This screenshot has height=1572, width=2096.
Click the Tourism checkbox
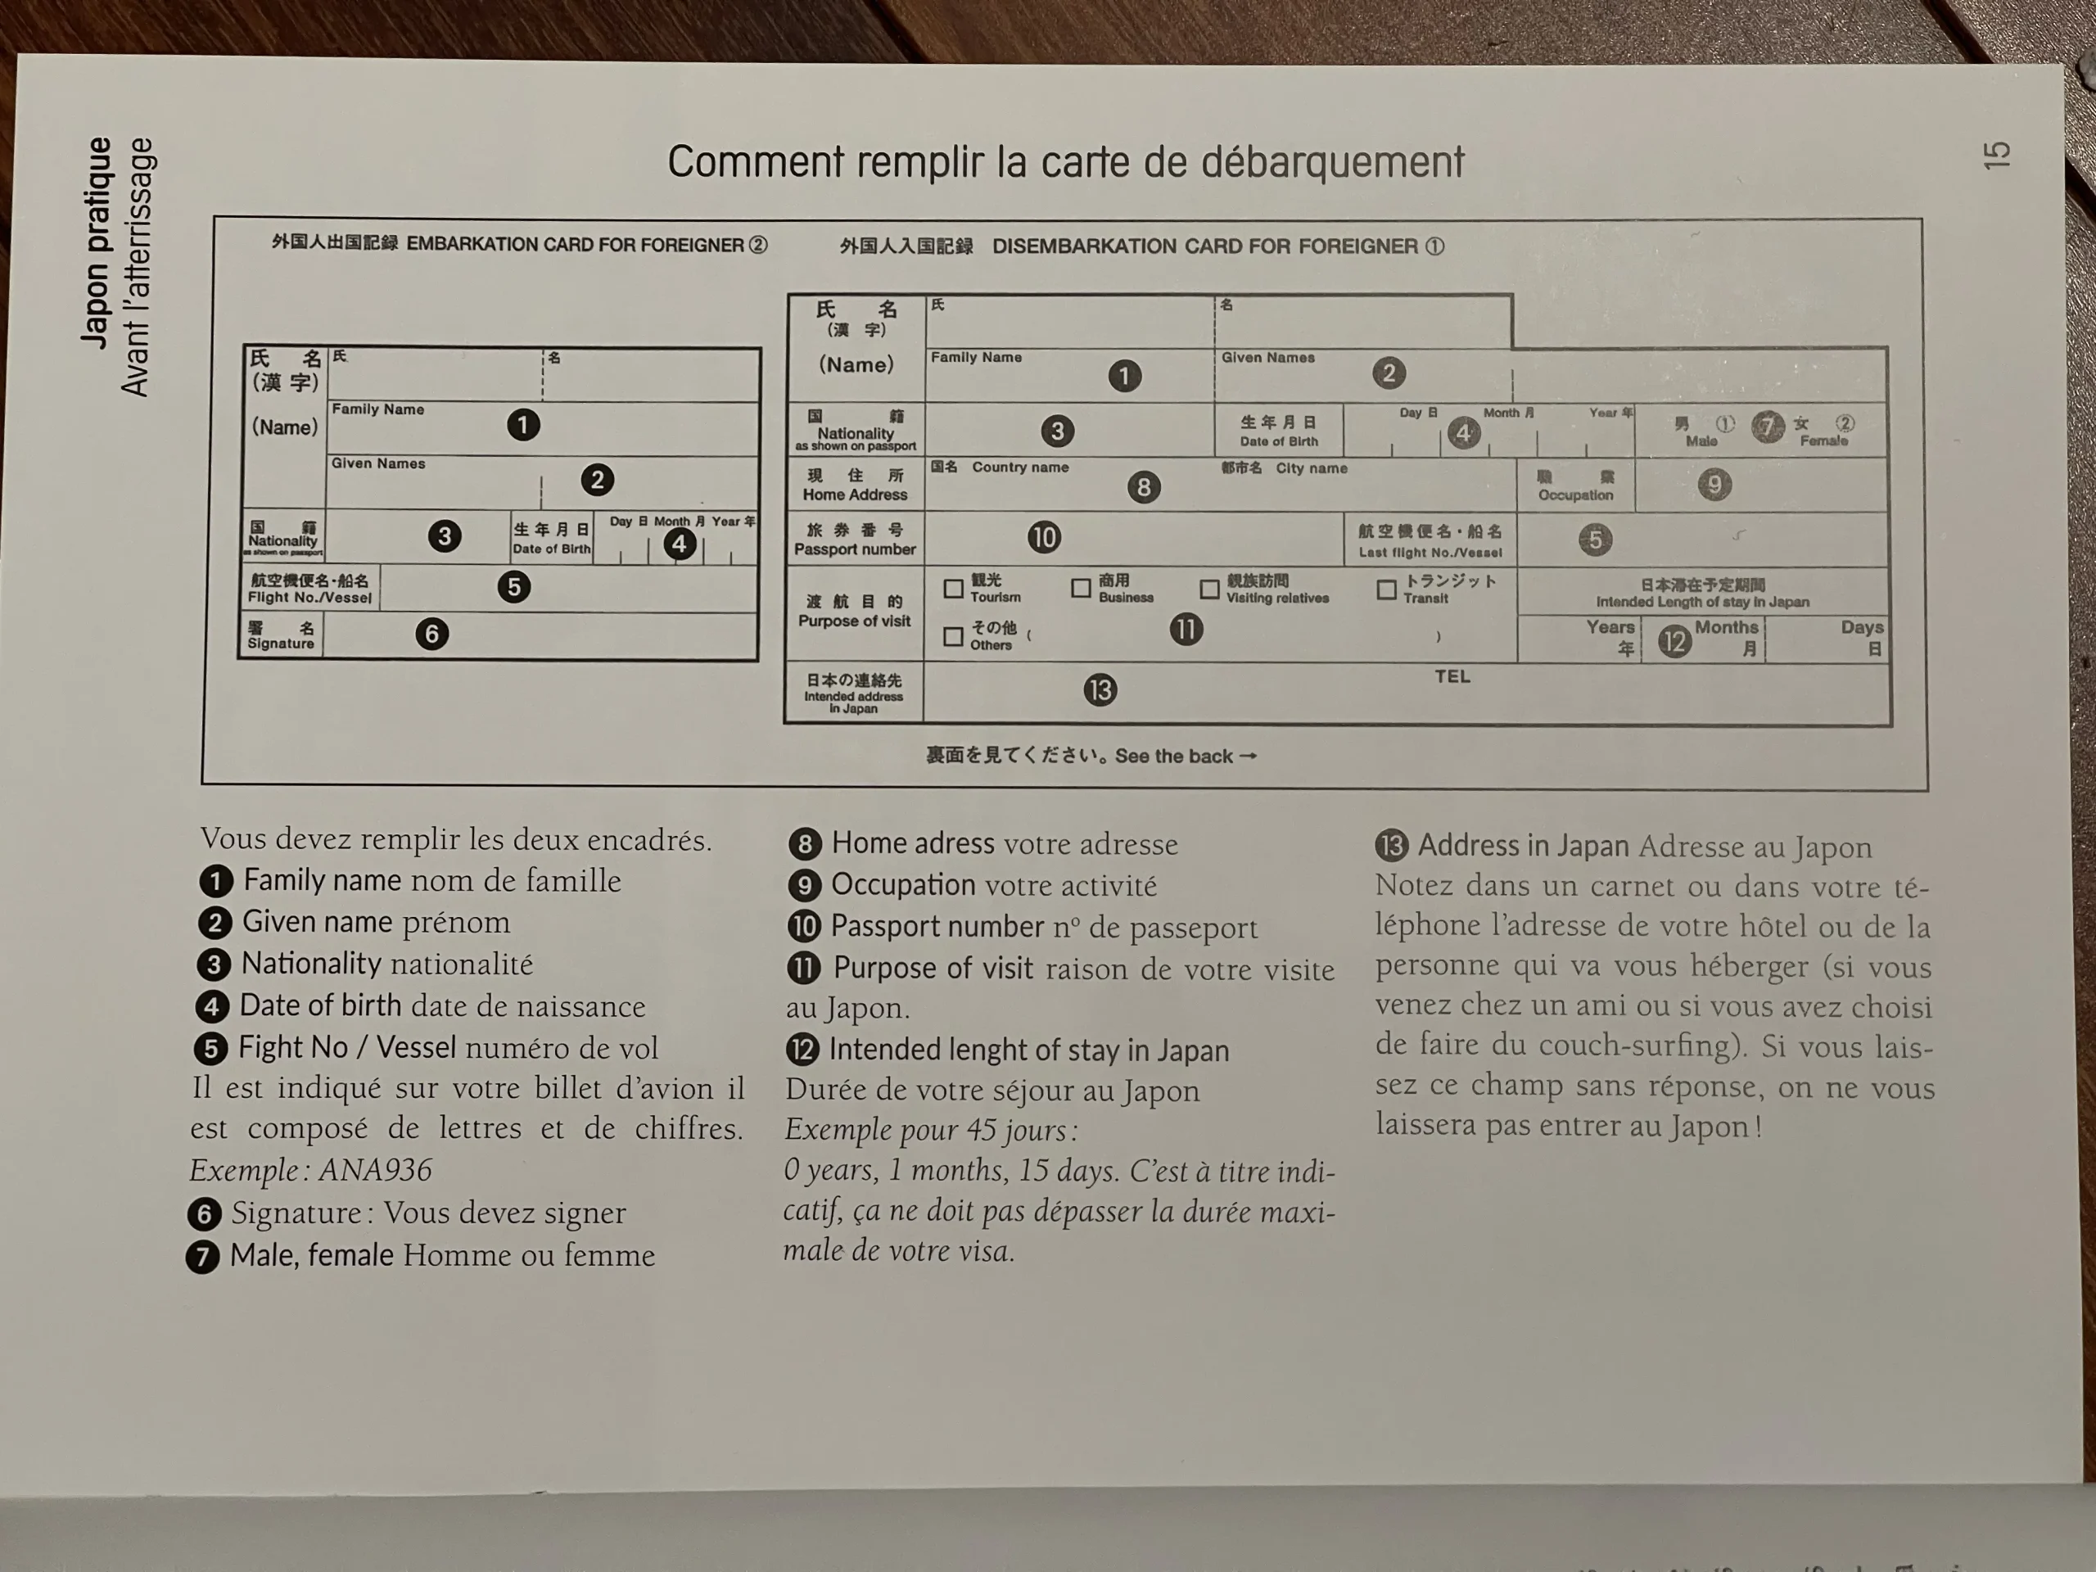point(953,589)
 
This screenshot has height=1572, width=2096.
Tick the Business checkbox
point(1080,589)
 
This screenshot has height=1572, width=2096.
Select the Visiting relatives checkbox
point(1209,589)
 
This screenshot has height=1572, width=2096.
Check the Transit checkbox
point(1386,590)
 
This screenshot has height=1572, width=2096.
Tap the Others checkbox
point(953,636)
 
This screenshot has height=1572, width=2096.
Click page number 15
point(1995,156)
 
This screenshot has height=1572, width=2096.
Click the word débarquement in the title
point(1332,163)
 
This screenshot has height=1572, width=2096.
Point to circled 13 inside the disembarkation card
point(1100,690)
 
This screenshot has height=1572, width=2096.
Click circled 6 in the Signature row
point(432,634)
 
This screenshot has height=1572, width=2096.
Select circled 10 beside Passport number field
point(1044,537)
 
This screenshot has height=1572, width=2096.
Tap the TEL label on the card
point(1452,676)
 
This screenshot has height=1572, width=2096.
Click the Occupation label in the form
point(1574,495)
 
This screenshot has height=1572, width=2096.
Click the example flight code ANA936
point(375,1170)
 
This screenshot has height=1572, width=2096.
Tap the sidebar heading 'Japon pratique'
point(97,242)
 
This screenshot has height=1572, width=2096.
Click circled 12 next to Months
point(1674,642)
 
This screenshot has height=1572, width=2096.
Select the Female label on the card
point(1823,440)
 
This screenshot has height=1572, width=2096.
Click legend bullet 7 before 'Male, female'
point(203,1257)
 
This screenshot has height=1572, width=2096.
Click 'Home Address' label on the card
point(855,495)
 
